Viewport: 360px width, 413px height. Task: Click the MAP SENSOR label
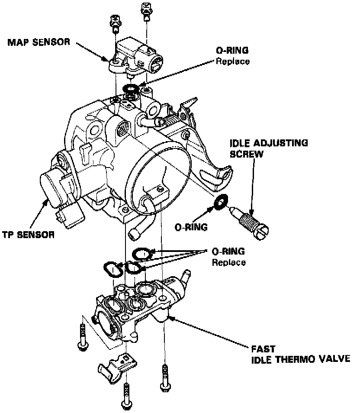[x=39, y=43]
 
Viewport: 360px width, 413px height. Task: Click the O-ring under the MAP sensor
[x=130, y=88]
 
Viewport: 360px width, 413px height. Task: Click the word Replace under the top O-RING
[x=233, y=61]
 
